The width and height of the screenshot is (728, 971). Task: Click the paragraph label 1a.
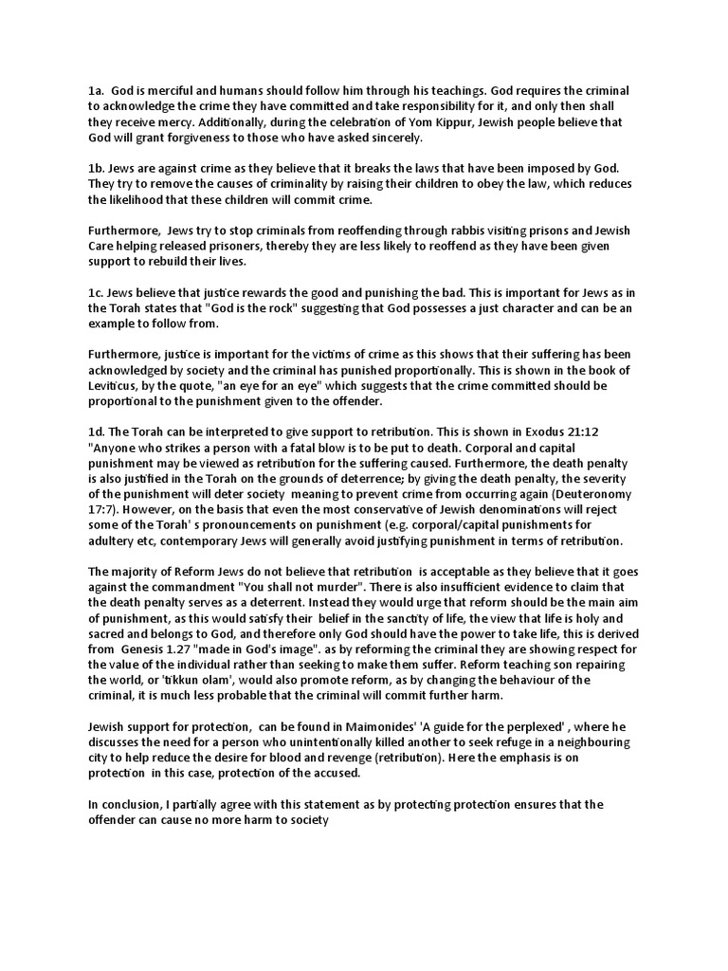[x=96, y=90]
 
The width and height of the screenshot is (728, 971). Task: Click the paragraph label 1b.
[x=96, y=168]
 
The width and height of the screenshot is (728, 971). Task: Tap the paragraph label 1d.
[x=96, y=432]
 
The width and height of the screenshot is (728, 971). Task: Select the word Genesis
[x=148, y=650]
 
